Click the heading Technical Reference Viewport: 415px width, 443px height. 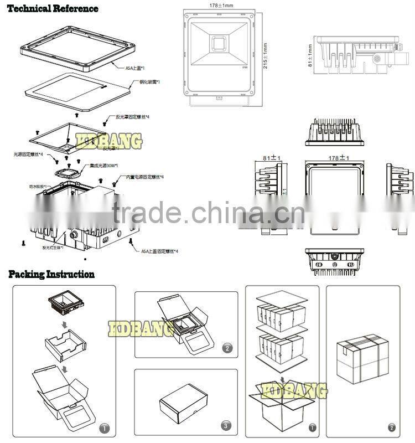coord(54,8)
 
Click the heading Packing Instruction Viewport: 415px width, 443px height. coord(51,274)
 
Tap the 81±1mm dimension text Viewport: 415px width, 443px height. coord(310,56)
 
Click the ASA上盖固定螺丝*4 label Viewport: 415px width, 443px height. coord(159,251)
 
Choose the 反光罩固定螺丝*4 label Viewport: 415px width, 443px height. coord(132,117)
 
